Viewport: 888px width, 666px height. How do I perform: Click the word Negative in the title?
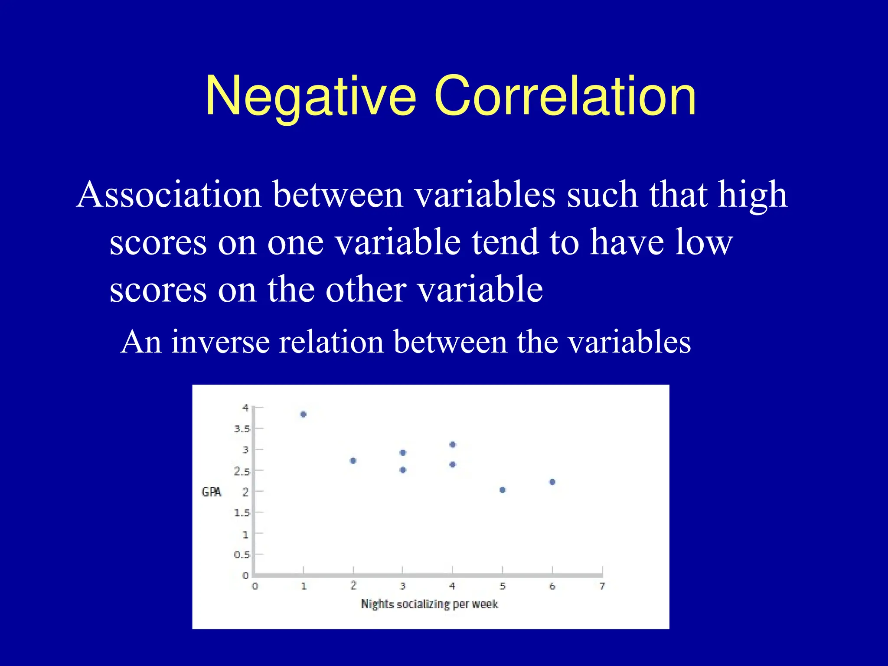point(310,96)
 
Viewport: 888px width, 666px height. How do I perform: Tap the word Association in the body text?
point(169,195)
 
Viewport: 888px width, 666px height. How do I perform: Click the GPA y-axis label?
point(212,492)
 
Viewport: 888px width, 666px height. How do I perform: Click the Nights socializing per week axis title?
point(429,604)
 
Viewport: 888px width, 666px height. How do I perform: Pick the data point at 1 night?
point(304,415)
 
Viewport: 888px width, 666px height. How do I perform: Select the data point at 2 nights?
point(353,460)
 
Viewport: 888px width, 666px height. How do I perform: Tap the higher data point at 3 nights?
point(403,453)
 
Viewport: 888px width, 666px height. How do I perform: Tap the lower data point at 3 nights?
point(403,470)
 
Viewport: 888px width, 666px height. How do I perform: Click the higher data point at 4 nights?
point(453,444)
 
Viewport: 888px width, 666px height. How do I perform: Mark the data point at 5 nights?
point(503,490)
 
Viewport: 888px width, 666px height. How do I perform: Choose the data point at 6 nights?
point(552,482)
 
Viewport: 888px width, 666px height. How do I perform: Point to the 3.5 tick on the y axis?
point(242,429)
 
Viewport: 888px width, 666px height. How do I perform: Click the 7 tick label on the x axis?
point(602,586)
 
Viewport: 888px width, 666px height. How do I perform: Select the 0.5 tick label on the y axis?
point(242,555)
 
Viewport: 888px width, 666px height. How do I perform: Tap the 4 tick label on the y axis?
point(245,408)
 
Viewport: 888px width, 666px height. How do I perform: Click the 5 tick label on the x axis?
point(503,586)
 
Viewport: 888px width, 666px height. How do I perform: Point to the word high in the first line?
point(752,195)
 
